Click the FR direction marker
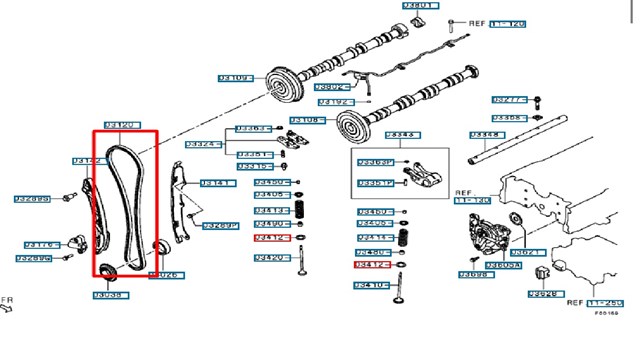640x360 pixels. tap(7, 301)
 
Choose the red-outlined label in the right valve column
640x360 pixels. tap(373, 266)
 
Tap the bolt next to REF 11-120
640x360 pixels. tap(452, 22)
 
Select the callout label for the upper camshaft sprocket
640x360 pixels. tap(233, 77)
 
